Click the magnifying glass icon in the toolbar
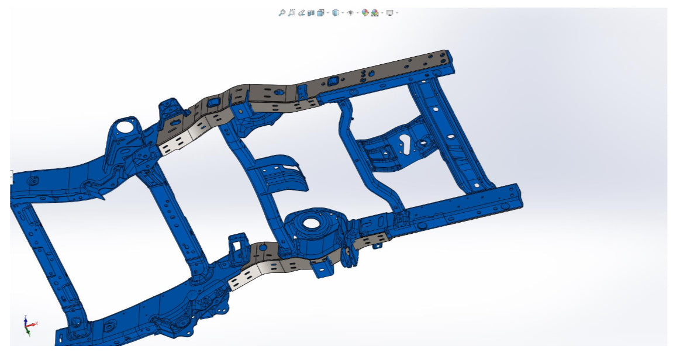coord(281,12)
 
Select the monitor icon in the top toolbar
coord(389,12)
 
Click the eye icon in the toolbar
coord(350,12)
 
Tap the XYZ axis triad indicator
coord(29,324)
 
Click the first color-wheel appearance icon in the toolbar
coord(365,12)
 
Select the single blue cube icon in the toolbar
coord(335,12)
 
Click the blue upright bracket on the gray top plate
coord(302,92)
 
